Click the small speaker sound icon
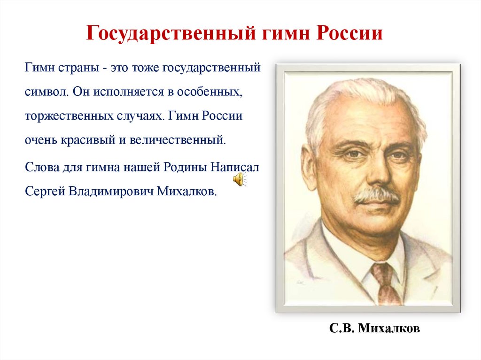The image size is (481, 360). [x=239, y=179]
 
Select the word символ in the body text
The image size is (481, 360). [x=47, y=91]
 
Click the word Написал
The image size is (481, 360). [x=234, y=167]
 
